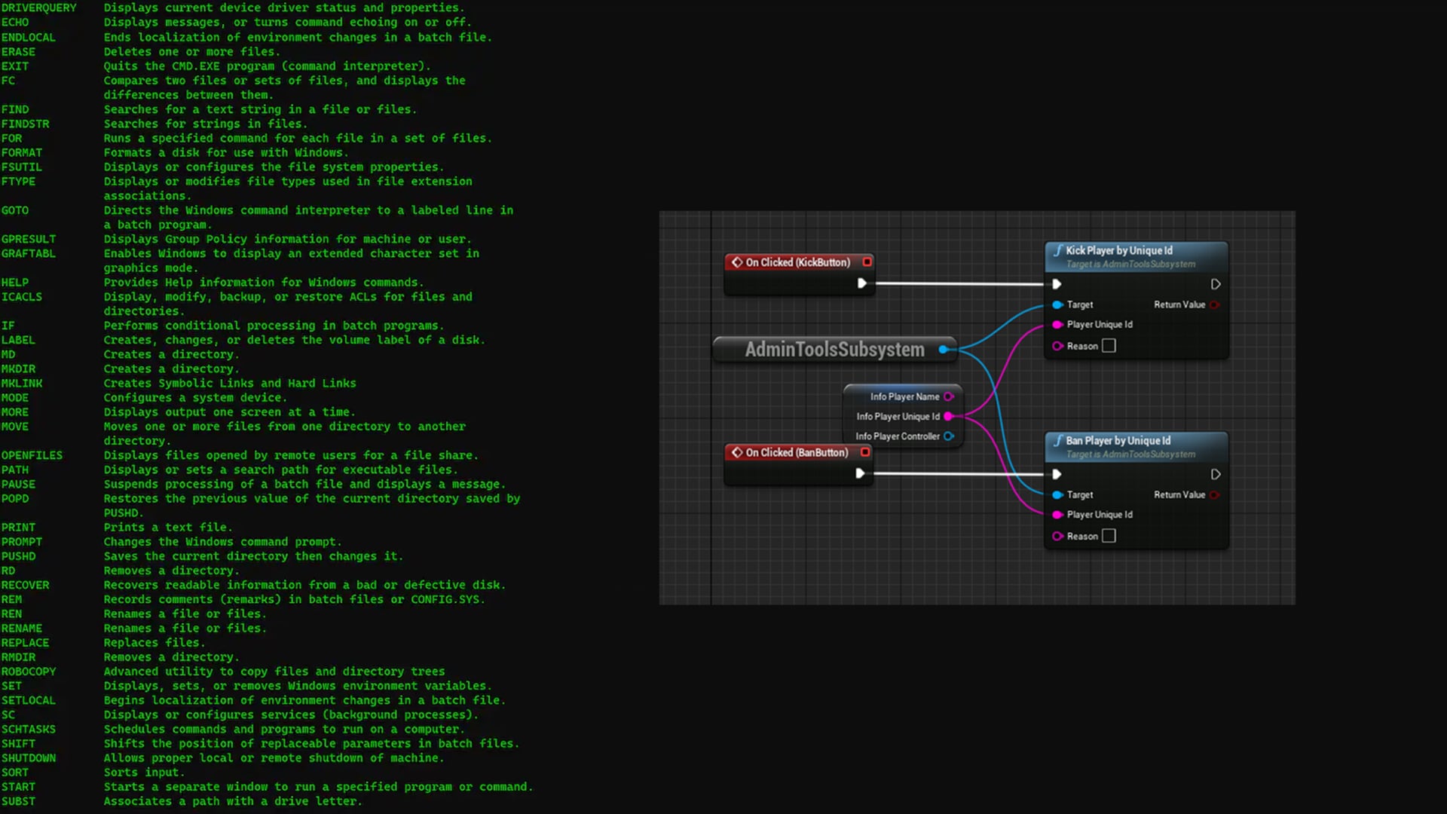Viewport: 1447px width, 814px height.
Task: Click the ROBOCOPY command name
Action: pyautogui.click(x=29, y=672)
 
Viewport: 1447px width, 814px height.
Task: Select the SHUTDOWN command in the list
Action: pyautogui.click(x=29, y=758)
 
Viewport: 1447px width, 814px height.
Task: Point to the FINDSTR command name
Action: pyautogui.click(x=25, y=124)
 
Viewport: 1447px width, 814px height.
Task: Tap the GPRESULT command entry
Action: pyautogui.click(x=29, y=240)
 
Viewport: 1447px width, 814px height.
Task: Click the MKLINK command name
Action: pyautogui.click(x=22, y=384)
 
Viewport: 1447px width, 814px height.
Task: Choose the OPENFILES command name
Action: pyautogui.click(x=32, y=456)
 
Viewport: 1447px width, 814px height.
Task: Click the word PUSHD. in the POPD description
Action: pyautogui.click(x=123, y=513)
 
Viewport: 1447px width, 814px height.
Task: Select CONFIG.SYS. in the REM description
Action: pyautogui.click(x=448, y=600)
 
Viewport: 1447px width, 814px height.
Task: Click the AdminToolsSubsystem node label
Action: pyautogui.click(x=834, y=350)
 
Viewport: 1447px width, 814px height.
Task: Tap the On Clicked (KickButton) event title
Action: pyautogui.click(x=797, y=262)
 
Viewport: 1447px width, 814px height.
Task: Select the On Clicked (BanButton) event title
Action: pyautogui.click(x=797, y=452)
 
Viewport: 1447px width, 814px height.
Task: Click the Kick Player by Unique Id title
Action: pyautogui.click(x=1118, y=250)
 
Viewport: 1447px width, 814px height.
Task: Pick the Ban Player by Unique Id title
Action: pyautogui.click(x=1118, y=440)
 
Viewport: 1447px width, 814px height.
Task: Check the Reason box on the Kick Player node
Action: pyautogui.click(x=1109, y=346)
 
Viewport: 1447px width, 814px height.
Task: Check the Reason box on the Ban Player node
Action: pyautogui.click(x=1109, y=536)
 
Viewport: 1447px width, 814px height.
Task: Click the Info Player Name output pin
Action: pyautogui.click(x=949, y=396)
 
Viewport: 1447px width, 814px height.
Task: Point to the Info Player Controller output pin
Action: pyautogui.click(x=949, y=436)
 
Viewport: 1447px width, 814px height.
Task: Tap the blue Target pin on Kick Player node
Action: pyautogui.click(x=1057, y=304)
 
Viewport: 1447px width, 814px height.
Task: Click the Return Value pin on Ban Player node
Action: pyautogui.click(x=1214, y=495)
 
